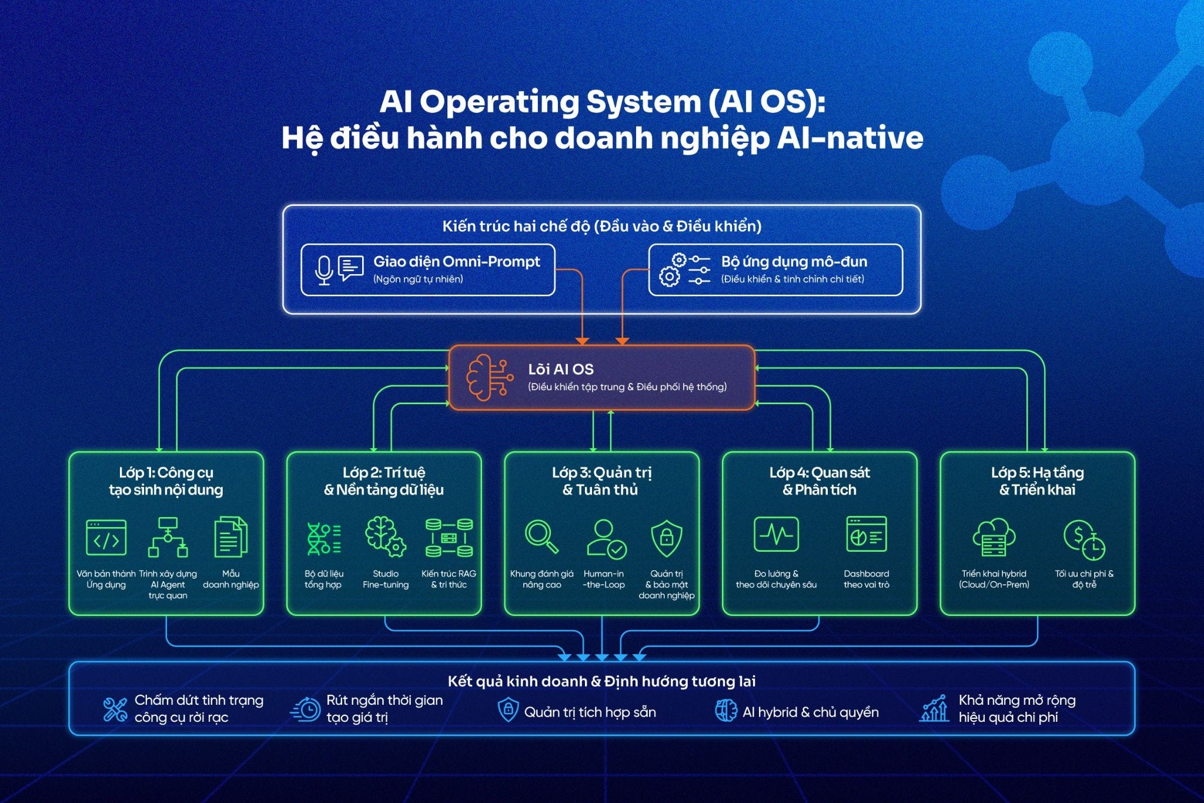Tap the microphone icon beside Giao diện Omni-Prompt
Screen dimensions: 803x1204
point(323,270)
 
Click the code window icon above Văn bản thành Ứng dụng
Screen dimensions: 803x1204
point(106,537)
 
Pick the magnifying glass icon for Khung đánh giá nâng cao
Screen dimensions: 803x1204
point(541,537)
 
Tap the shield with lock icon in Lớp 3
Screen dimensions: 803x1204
point(666,538)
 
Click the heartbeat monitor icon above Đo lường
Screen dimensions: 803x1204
point(776,534)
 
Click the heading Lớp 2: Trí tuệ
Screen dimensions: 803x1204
point(384,473)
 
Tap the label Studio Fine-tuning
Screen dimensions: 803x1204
point(386,579)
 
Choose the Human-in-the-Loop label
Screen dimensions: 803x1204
point(604,579)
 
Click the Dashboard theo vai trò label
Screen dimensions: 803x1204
point(866,579)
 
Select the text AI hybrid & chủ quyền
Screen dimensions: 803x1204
point(810,712)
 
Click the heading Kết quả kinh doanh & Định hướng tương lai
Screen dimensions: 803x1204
point(601,681)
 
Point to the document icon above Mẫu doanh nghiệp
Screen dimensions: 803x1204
point(230,537)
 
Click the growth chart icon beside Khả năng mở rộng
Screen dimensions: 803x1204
point(934,708)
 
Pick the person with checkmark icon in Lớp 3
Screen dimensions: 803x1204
point(606,538)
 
